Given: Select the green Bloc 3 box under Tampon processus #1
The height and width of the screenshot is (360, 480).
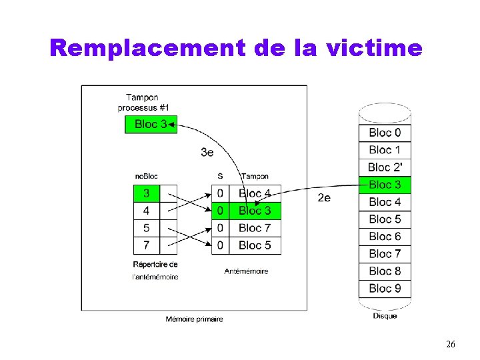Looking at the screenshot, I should click(151, 124).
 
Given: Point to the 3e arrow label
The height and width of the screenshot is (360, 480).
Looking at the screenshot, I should click(207, 152).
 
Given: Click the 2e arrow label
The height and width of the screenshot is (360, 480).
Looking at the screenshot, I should click(324, 197).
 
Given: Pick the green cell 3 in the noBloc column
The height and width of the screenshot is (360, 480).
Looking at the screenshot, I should click(147, 193).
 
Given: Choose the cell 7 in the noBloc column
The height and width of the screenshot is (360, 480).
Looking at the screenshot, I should click(147, 245).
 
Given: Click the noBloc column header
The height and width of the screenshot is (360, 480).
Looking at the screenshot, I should click(147, 176).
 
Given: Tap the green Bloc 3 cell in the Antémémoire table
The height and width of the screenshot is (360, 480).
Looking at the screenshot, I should click(255, 211).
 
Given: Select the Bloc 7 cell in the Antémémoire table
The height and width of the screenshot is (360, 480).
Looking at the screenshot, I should click(255, 228).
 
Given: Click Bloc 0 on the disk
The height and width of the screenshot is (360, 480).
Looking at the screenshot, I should click(385, 133).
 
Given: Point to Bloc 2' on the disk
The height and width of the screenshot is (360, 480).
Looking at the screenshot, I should click(385, 167).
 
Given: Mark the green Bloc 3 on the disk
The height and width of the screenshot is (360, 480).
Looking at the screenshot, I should click(385, 185).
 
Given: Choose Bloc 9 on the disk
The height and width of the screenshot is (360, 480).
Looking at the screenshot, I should click(385, 289).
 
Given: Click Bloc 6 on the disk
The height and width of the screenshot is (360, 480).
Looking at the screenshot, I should click(385, 237).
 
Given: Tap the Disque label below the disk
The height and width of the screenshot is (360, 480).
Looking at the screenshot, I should click(385, 315).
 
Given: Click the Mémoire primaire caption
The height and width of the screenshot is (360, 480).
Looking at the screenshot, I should click(194, 319).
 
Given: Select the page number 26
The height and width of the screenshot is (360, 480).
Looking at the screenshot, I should click(451, 344).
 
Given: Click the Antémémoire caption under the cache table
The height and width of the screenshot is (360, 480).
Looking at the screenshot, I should click(246, 271).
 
